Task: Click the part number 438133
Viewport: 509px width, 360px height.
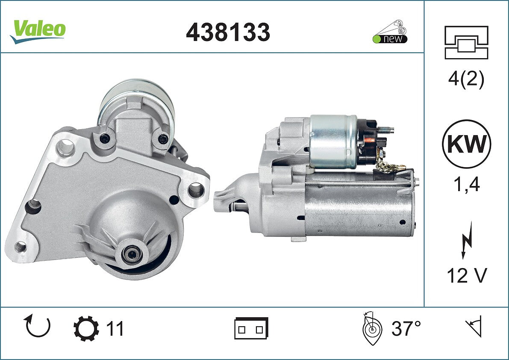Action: click(x=228, y=32)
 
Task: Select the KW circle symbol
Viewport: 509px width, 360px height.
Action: click(x=466, y=144)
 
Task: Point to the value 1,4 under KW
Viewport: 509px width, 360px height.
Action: click(x=466, y=184)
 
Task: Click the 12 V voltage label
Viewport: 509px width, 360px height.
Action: click(x=467, y=276)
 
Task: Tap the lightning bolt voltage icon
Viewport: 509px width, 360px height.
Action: click(x=467, y=240)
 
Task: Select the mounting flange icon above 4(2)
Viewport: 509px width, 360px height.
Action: click(x=466, y=42)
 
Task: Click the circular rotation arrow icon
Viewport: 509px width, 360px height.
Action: click(x=37, y=326)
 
